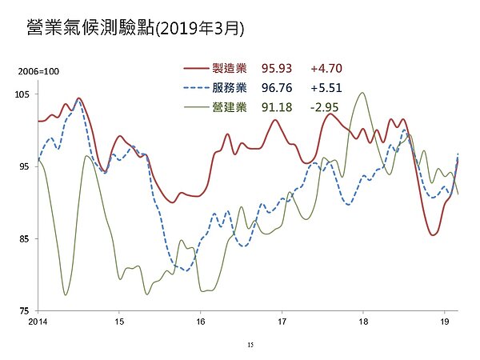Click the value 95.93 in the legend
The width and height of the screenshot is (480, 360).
click(276, 70)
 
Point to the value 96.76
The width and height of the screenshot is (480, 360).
click(276, 87)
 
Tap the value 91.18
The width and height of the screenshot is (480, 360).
click(276, 106)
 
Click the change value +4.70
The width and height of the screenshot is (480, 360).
click(326, 70)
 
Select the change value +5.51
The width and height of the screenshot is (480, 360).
click(326, 87)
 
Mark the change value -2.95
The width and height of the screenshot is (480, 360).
click(326, 106)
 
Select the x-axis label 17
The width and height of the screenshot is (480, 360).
click(282, 322)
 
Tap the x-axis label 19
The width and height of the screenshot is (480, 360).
click(444, 322)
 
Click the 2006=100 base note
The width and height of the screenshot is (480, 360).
click(39, 73)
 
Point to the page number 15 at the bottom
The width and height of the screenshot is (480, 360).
click(250, 344)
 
